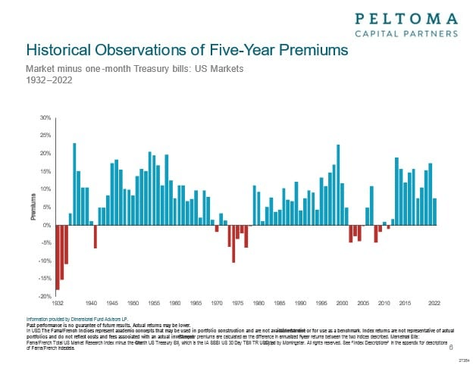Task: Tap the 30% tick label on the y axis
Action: tap(45, 118)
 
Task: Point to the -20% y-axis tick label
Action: tap(44, 296)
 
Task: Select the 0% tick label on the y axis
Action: tap(46, 225)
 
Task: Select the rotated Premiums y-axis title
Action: tap(33, 207)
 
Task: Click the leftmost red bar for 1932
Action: tap(57, 257)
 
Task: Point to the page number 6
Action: tap(451, 348)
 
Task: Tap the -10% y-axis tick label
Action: tap(44, 260)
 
